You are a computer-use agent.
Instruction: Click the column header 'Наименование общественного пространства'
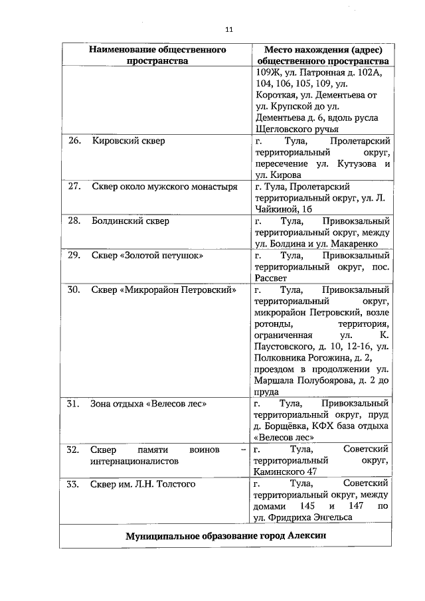(157, 55)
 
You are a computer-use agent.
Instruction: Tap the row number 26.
(74, 141)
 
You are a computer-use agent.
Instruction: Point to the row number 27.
(74, 187)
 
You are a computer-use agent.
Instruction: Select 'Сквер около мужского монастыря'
(164, 187)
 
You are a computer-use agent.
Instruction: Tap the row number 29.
(74, 256)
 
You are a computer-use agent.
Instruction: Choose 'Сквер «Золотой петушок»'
(147, 256)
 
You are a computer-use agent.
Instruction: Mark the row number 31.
(74, 404)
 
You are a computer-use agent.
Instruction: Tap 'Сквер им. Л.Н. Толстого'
(143, 484)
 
